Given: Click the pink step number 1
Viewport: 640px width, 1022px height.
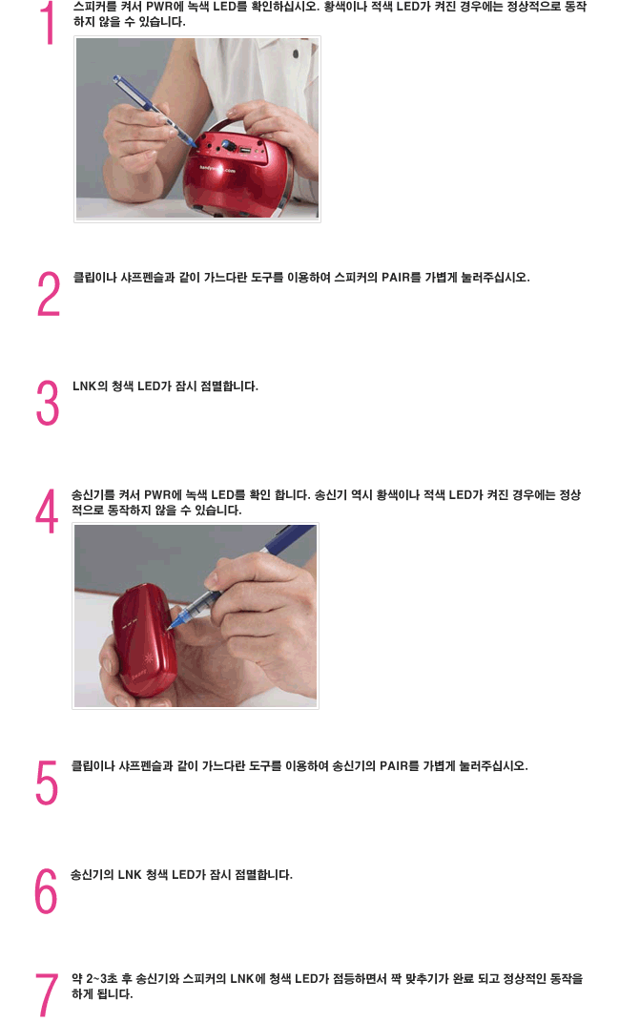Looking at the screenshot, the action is [49, 24].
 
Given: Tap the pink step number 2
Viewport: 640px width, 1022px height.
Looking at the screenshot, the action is [49, 294].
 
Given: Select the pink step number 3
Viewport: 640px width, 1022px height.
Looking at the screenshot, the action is [48, 403].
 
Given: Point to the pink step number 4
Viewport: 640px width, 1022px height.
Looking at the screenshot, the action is [47, 511].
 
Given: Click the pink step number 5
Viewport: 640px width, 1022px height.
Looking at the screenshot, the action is [47, 782].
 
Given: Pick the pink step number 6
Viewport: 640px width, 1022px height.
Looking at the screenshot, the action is [46, 891].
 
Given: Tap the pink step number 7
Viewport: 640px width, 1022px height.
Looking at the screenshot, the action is [47, 995].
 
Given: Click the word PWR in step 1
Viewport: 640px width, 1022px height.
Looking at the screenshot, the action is [159, 7].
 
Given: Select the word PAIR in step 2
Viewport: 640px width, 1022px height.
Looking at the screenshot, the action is [396, 278].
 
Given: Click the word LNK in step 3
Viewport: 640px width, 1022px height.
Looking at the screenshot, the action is [84, 386].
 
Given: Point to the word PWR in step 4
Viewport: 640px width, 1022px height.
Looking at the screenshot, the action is [157, 495].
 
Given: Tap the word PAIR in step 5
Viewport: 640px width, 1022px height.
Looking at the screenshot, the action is [394, 766].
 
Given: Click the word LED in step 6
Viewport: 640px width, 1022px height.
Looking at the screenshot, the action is [183, 875].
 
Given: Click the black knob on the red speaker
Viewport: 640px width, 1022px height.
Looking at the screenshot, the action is [226, 146].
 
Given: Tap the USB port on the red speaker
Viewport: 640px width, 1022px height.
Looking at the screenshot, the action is [245, 151].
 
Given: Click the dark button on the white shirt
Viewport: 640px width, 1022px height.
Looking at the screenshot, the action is [296, 53].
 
